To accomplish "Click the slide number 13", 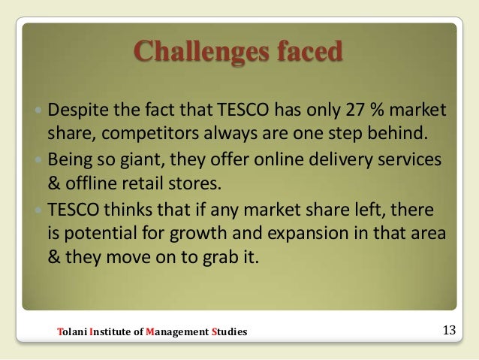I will click(450, 329).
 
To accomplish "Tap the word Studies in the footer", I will click(229, 331).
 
